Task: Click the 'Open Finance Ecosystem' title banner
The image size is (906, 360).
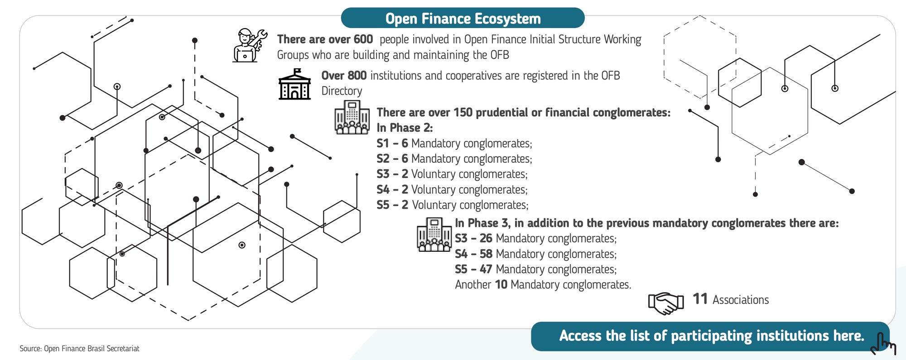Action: [x=463, y=19]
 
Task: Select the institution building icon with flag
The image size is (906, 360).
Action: [x=294, y=84]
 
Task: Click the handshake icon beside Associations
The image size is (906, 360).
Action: [x=666, y=302]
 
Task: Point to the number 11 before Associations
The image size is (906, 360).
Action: [x=700, y=299]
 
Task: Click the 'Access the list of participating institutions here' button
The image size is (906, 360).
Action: [x=711, y=336]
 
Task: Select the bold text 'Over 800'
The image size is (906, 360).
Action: [x=344, y=76]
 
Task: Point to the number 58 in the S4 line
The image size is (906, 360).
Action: [x=486, y=254]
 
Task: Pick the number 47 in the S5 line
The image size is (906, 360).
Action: [x=486, y=269]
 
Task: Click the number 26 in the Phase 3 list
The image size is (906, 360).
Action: [x=486, y=239]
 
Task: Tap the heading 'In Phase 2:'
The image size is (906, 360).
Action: [x=405, y=128]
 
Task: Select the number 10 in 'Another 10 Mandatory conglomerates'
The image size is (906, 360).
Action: [x=501, y=285]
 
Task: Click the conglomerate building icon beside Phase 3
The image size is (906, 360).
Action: [x=434, y=235]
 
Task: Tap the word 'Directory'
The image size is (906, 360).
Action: [x=342, y=91]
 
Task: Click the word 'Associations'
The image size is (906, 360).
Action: [x=741, y=300]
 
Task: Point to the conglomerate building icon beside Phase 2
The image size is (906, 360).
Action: [x=352, y=117]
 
